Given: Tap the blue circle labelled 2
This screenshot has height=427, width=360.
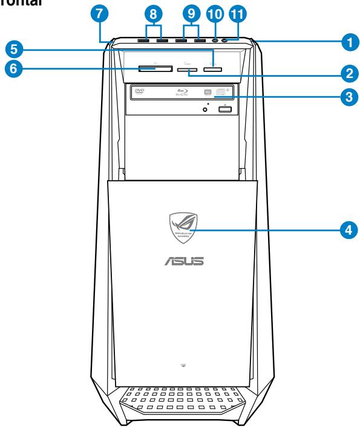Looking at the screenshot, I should (346, 74).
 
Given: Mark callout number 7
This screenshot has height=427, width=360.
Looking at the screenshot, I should (104, 15).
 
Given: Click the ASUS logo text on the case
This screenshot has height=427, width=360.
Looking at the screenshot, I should (182, 262).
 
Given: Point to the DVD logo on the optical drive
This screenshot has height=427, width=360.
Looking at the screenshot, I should (140, 91).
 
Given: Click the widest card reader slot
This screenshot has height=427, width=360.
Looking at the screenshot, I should (149, 70).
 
